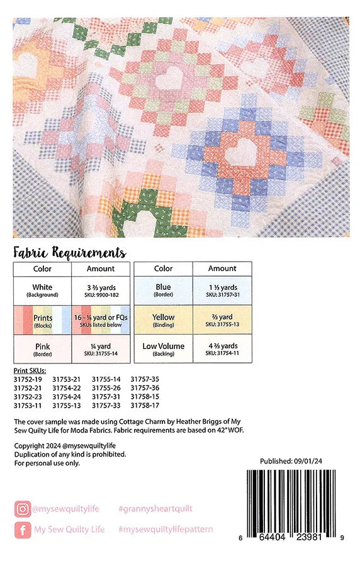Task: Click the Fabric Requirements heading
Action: pyautogui.click(x=69, y=253)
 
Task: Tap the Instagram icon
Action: pyautogui.click(x=22, y=508)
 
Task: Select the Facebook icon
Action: pyautogui.click(x=22, y=530)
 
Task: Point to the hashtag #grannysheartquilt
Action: pyautogui.click(x=155, y=508)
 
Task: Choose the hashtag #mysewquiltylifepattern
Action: pyautogui.click(x=165, y=530)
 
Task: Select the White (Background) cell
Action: pyautogui.click(x=43, y=290)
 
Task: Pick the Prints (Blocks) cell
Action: pyautogui.click(x=43, y=320)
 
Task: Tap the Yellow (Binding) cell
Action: pyautogui.click(x=163, y=320)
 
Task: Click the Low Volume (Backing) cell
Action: pyautogui.click(x=163, y=349)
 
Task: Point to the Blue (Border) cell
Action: pyautogui.click(x=163, y=290)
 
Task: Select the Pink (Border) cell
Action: pyautogui.click(x=43, y=349)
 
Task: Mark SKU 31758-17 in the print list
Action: pyautogui.click(x=145, y=406)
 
